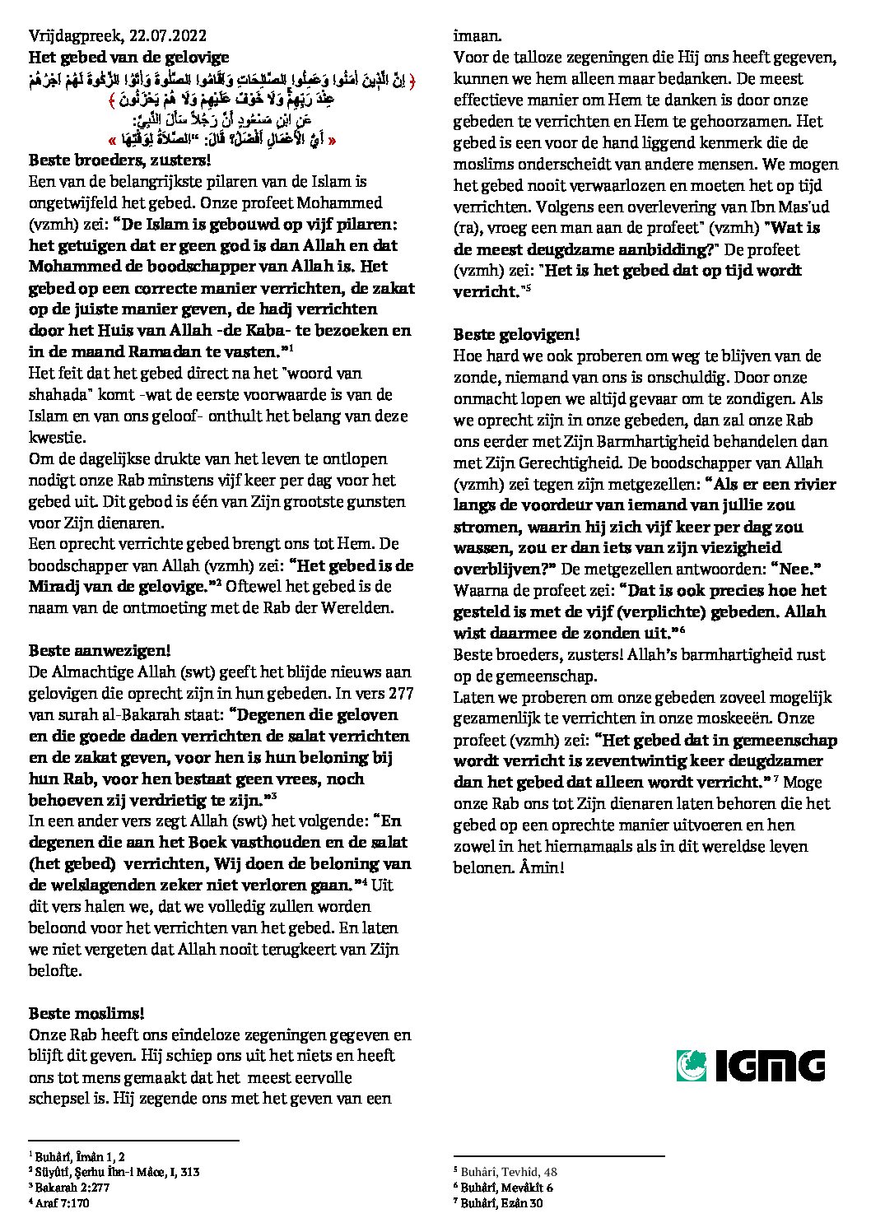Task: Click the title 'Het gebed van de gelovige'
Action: [x=128, y=57]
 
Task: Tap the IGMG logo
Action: [x=750, y=1065]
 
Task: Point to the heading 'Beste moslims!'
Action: [x=78, y=1013]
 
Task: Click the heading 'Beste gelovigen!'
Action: [x=517, y=335]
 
